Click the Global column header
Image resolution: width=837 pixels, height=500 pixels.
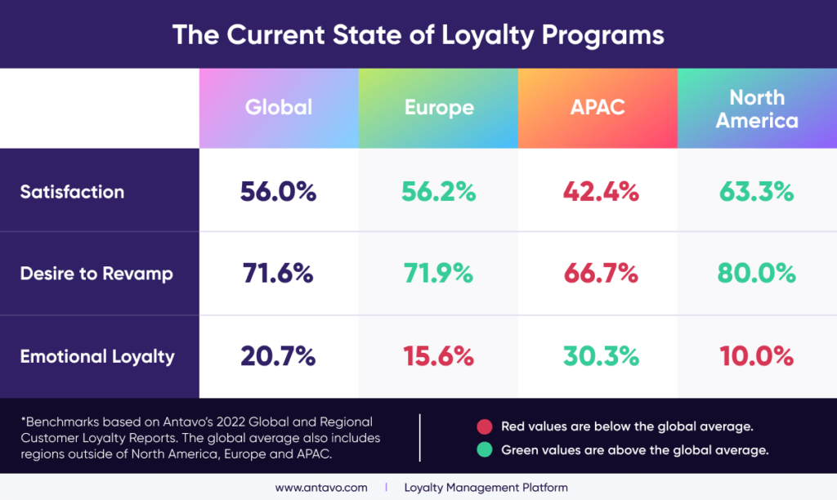[279, 108]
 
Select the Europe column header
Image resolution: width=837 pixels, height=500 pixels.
[439, 108]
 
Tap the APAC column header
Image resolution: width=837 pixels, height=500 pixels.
[598, 108]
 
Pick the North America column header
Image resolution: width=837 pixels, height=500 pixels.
[757, 109]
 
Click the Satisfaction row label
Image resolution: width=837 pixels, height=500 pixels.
[72, 192]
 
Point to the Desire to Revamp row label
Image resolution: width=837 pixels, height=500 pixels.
[96, 274]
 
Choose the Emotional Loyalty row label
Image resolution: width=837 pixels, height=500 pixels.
[97, 356]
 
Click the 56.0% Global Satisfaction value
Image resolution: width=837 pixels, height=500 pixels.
[278, 192]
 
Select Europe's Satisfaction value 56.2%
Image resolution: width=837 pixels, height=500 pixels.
[438, 192]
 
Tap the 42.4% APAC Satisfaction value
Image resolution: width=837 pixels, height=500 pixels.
[599, 192]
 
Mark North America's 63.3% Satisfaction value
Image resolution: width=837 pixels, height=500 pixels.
[756, 192]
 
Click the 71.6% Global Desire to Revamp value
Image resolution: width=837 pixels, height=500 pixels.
[278, 274]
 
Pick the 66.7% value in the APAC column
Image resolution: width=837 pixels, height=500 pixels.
[599, 274]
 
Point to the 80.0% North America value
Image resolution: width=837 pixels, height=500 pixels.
[756, 274]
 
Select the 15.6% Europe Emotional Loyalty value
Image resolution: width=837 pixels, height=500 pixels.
[438, 356]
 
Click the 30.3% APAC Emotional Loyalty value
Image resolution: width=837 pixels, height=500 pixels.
[599, 356]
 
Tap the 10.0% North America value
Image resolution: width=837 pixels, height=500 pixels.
[756, 356]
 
